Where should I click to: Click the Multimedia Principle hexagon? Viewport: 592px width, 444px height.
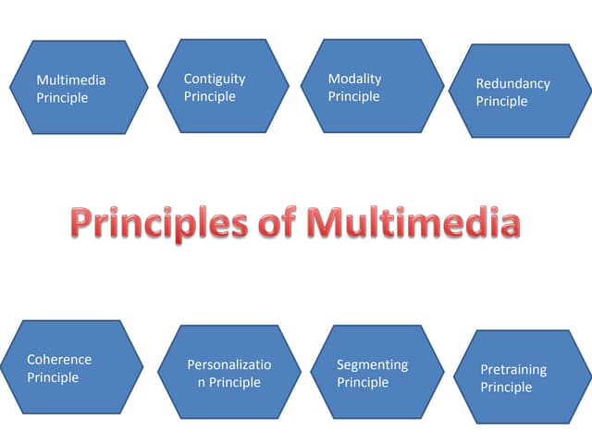(80, 88)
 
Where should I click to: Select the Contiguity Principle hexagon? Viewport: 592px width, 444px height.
(224, 85)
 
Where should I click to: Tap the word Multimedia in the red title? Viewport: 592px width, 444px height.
(413, 224)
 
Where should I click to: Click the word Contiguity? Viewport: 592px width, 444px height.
(215, 80)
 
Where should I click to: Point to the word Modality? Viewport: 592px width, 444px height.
(354, 79)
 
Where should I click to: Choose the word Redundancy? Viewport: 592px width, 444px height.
(512, 83)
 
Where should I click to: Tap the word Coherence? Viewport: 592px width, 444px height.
(59, 359)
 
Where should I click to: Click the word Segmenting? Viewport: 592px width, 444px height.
(372, 364)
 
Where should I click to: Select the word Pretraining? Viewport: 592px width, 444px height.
(513, 369)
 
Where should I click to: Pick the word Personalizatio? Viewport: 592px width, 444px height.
(229, 364)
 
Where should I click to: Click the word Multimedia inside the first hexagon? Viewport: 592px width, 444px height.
(70, 80)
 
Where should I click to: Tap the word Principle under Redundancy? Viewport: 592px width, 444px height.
(501, 101)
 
